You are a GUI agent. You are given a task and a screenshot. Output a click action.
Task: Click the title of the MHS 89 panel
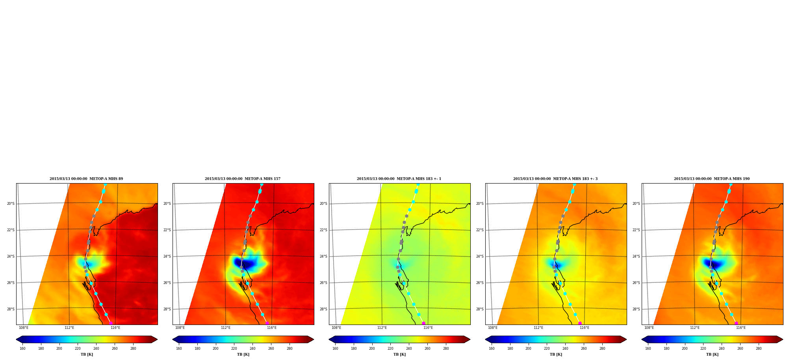tap(86, 179)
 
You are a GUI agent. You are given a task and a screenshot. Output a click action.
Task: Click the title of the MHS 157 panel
tap(243, 179)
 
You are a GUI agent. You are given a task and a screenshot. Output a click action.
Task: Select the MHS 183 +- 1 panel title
tap(399, 179)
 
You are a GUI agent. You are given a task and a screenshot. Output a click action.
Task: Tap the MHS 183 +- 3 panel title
tap(555, 179)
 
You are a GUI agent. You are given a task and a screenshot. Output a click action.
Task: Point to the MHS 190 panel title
tap(712, 179)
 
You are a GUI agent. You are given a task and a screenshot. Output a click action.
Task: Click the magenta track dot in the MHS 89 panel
tap(111, 323)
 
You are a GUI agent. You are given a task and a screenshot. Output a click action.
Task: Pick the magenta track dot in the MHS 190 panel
tap(736, 323)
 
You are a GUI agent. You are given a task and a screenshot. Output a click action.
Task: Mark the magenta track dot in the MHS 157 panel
tap(267, 323)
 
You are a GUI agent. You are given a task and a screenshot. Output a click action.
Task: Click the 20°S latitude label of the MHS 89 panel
tap(11, 204)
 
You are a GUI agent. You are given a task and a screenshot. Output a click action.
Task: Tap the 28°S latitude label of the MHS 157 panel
tap(167, 309)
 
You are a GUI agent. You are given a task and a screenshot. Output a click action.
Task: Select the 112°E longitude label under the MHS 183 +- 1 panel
tap(382, 328)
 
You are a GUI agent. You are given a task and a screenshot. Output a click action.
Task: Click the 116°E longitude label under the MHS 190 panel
tap(741, 328)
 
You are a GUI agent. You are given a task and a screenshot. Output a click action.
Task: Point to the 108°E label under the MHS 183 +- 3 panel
tap(493, 328)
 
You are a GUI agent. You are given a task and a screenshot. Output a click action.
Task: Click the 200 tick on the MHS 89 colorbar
tap(59, 349)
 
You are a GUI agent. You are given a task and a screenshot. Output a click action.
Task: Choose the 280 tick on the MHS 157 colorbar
tap(290, 349)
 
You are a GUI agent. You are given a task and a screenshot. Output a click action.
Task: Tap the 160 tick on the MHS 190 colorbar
tap(648, 349)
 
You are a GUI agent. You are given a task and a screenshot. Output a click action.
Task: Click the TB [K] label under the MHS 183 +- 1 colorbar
tap(399, 354)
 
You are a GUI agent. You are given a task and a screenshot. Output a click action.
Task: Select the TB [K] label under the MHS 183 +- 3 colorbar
tap(556, 354)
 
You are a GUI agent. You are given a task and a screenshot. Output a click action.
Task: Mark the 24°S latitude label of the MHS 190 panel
tap(636, 256)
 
